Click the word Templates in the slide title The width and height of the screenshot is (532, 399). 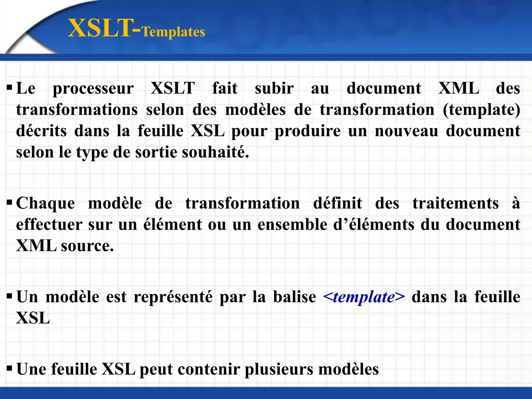pos(174,32)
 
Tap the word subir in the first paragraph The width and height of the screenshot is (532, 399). pos(274,88)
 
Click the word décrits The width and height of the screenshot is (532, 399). pos(41,131)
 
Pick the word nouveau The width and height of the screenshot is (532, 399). pos(407,131)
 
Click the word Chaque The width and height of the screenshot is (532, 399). pos(46,203)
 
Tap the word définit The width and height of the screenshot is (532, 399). pos(337,203)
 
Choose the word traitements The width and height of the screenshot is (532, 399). pos(456,203)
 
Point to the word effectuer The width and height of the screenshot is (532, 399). pos(49,224)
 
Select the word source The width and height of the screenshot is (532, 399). pos(87,246)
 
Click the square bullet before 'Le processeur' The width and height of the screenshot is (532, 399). pos(9,87)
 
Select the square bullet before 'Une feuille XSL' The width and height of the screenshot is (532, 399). pos(9,368)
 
